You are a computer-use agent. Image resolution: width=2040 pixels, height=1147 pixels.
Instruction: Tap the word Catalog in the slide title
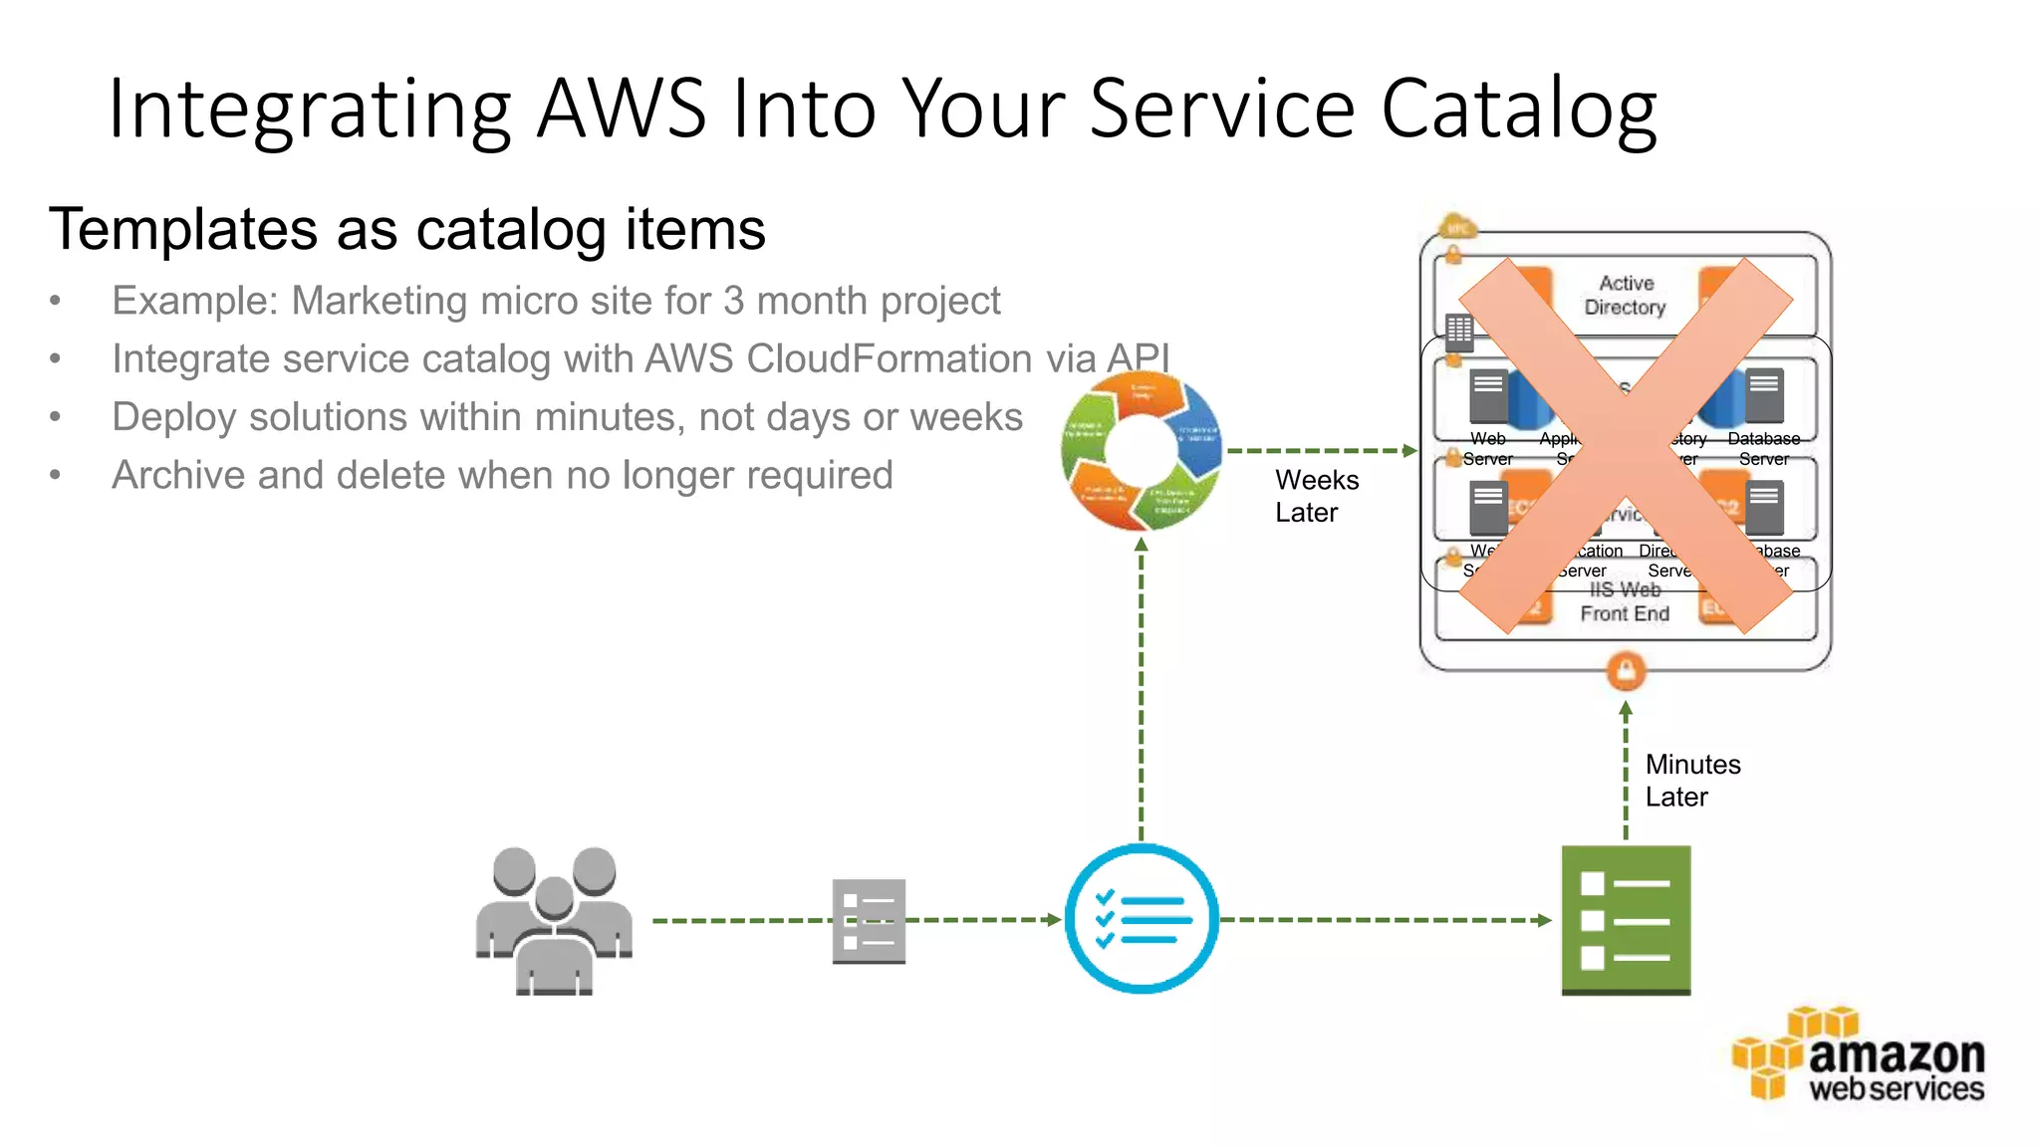point(1518,110)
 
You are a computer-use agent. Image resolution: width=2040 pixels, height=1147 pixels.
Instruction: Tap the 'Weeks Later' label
point(1316,496)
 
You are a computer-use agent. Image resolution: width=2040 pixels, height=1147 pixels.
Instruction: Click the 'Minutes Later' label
point(1692,781)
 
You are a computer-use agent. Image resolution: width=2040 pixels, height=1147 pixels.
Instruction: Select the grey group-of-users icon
point(554,920)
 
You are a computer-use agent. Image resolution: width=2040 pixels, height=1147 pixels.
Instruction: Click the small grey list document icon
point(869,921)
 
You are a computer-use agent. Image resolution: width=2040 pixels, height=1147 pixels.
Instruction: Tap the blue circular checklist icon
point(1142,919)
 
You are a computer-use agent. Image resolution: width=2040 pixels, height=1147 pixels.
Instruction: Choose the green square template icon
point(1626,920)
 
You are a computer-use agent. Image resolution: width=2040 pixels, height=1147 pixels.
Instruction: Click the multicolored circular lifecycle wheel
point(1142,451)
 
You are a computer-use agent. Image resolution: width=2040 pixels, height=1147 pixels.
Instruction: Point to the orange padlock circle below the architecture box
point(1626,671)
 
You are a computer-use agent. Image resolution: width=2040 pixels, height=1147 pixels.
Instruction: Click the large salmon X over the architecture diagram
point(1626,446)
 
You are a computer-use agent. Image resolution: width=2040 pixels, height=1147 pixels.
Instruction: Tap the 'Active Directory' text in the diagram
point(1626,296)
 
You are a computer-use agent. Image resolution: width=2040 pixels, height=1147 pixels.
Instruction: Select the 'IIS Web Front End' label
point(1625,603)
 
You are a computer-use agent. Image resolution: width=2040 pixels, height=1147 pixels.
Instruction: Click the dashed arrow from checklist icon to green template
point(1385,920)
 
